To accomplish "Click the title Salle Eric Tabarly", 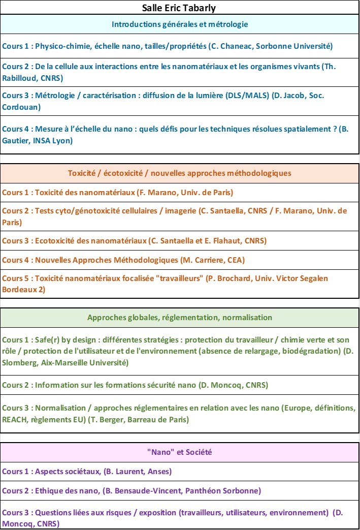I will tap(180, 8).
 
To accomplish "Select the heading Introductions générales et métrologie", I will tap(180, 24).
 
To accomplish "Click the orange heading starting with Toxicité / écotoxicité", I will tap(180, 173).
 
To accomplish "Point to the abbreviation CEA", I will tap(235, 260).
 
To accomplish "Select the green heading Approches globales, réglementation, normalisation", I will tap(180, 318).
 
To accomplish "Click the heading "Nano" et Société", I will tap(180, 452).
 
